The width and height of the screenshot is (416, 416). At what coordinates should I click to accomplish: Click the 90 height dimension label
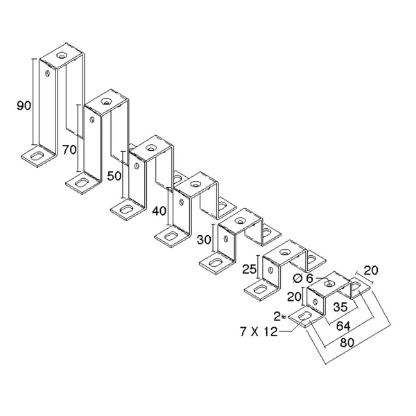tap(24, 105)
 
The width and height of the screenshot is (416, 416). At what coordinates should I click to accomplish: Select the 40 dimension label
tap(159, 211)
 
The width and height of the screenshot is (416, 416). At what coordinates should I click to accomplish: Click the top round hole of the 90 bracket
tap(62, 53)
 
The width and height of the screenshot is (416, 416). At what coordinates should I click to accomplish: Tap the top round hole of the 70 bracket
tap(107, 101)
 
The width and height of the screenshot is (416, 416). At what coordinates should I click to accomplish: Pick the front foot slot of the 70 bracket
tap(81, 182)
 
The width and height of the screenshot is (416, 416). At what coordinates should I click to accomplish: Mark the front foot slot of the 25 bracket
tap(259, 289)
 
